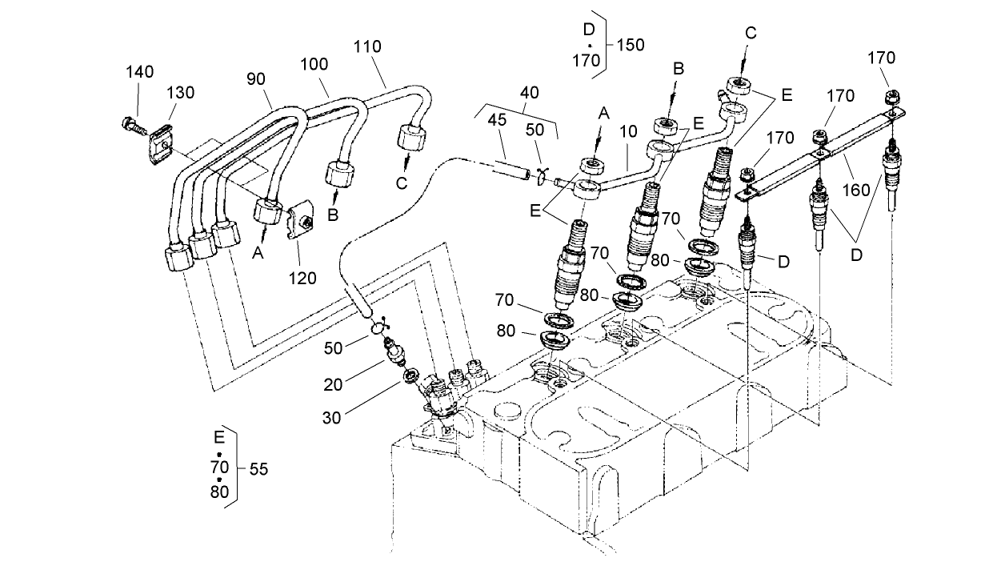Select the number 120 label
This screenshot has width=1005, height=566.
tap(302, 278)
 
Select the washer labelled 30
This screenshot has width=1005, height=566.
tap(410, 375)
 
